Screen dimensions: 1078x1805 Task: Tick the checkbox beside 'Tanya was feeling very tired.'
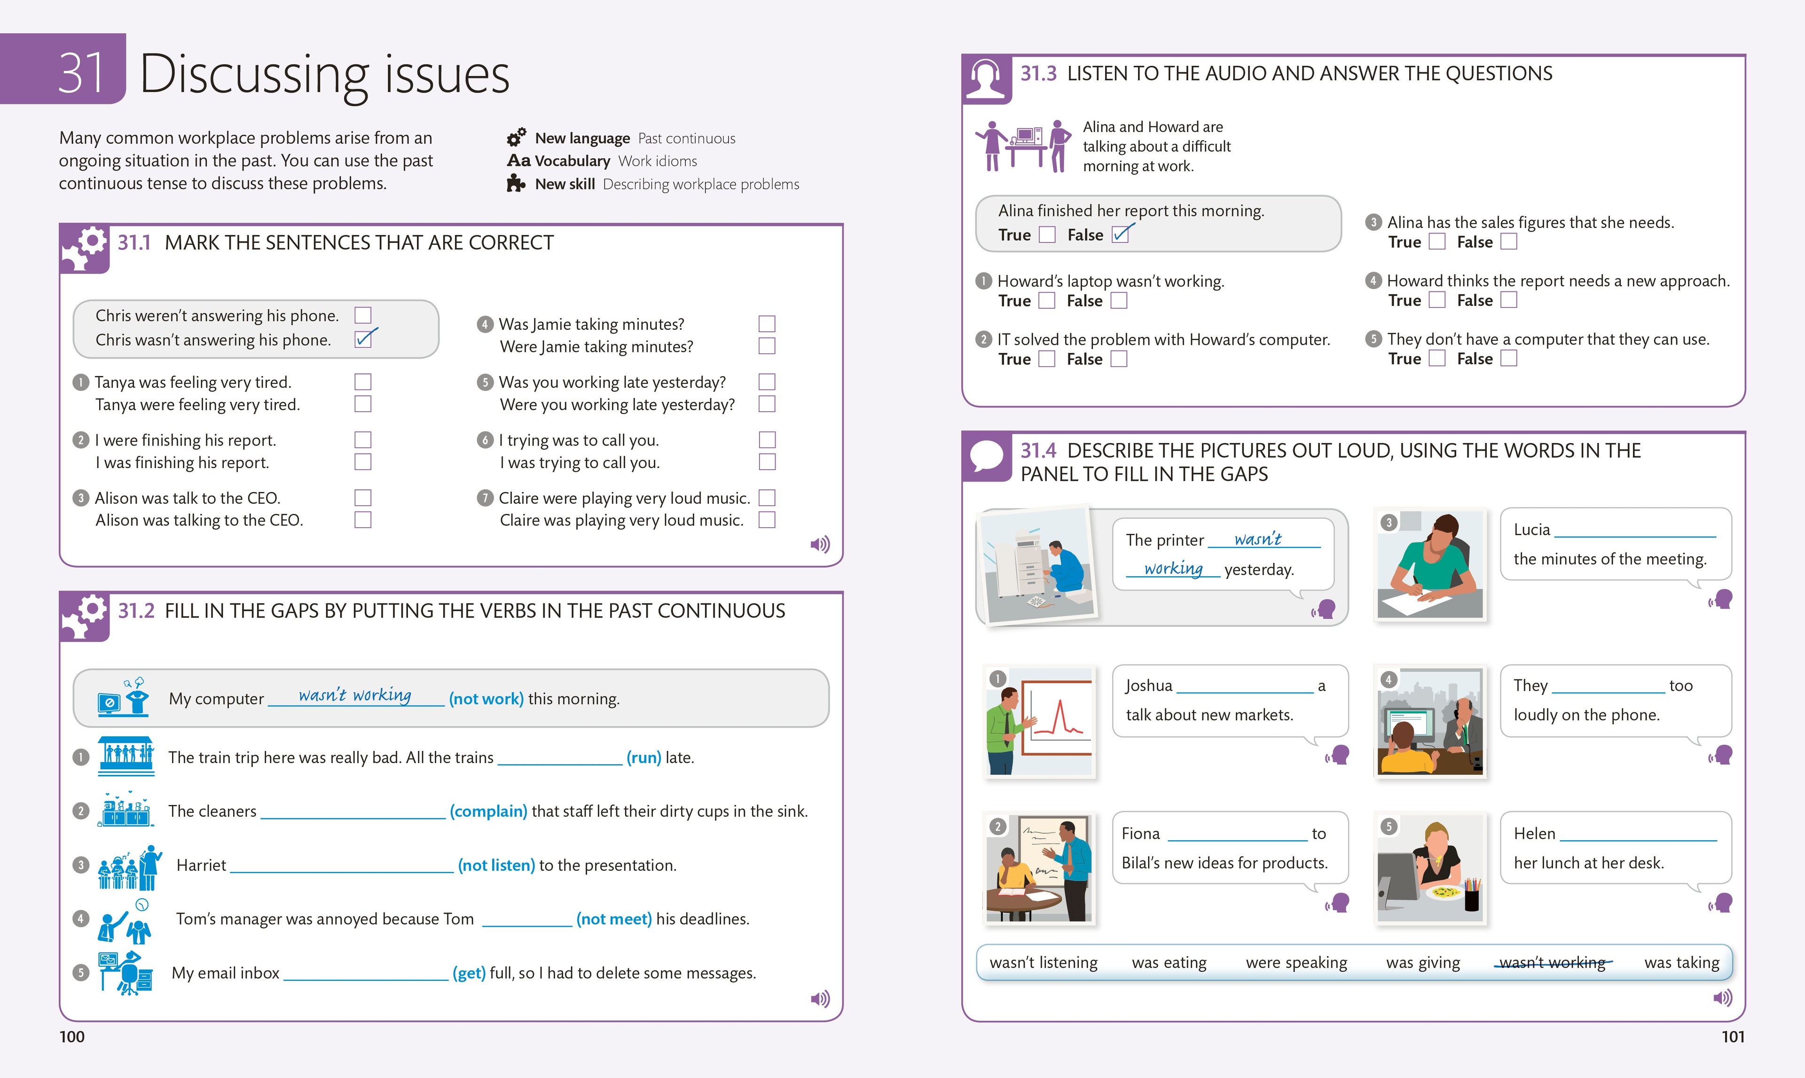tap(362, 382)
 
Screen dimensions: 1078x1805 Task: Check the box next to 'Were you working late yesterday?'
tap(767, 404)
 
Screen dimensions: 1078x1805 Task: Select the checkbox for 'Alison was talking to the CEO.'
tap(362, 520)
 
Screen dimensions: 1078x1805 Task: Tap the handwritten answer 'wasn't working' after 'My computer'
tap(354, 695)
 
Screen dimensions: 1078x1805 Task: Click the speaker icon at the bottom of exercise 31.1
tap(820, 544)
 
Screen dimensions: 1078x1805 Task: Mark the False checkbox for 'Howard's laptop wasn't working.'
tap(1119, 300)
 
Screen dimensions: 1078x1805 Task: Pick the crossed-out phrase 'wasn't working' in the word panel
tap(1552, 962)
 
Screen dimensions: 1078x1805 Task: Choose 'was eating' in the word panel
tap(1169, 962)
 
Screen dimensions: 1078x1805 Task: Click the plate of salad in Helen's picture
tap(1444, 891)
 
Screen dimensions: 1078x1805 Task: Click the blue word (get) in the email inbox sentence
tap(469, 973)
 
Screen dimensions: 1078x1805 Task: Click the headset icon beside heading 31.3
tap(986, 78)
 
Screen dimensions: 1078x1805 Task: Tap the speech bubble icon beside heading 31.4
tap(986, 456)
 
